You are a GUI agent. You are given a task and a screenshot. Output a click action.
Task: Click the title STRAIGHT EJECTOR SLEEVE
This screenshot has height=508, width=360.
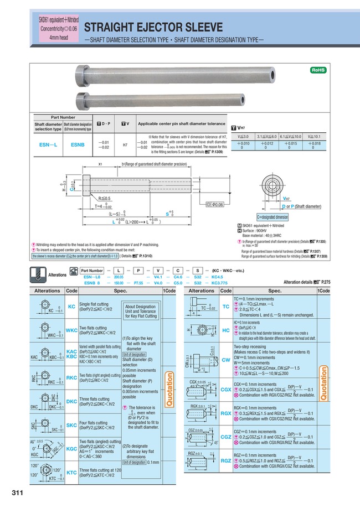[153, 27]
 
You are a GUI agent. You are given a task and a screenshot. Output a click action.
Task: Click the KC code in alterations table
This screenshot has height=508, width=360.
[71, 306]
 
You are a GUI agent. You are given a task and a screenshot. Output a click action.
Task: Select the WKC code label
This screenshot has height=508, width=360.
[71, 330]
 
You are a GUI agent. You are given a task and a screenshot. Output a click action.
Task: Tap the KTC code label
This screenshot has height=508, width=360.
[71, 473]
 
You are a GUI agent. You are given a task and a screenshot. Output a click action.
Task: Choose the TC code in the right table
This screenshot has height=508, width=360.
[225, 306]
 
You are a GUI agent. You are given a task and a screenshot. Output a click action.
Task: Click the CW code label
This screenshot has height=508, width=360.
[225, 359]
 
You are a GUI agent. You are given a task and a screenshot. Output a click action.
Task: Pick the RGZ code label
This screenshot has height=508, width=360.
[225, 460]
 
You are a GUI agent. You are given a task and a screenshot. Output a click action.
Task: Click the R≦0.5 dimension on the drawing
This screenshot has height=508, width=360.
[104, 198]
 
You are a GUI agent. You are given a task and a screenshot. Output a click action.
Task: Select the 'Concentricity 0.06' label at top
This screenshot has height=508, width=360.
[59, 28]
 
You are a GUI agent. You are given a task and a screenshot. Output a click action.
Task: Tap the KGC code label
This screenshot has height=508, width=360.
[71, 449]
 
